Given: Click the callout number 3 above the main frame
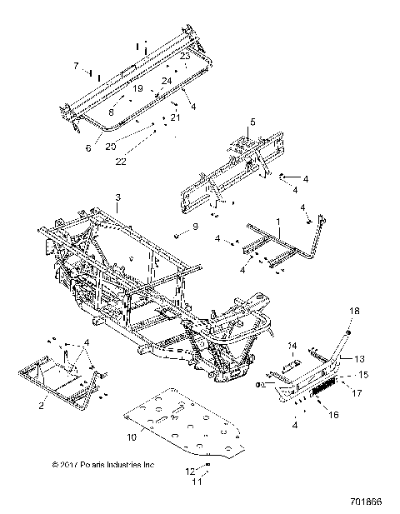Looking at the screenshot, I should [118, 197].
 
